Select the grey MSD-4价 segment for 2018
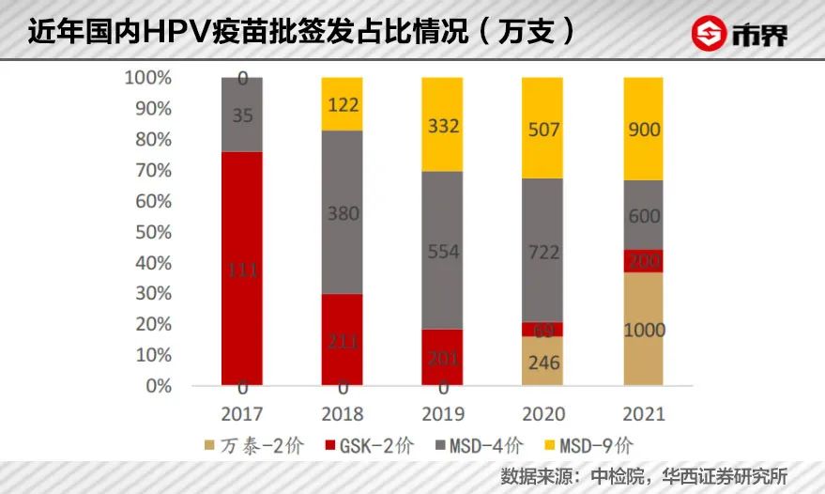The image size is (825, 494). (x=343, y=211)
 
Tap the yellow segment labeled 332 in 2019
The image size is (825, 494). (x=442, y=124)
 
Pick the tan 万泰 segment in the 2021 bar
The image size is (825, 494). (x=643, y=329)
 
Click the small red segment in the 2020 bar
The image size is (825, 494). (x=542, y=330)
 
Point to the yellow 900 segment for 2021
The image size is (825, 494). (x=643, y=129)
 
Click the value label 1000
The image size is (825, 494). (x=643, y=330)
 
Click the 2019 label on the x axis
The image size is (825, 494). (x=442, y=413)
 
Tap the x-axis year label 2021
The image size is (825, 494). (x=643, y=413)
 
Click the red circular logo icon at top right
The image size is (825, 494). (x=710, y=35)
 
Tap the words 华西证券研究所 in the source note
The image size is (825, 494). (x=726, y=475)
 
